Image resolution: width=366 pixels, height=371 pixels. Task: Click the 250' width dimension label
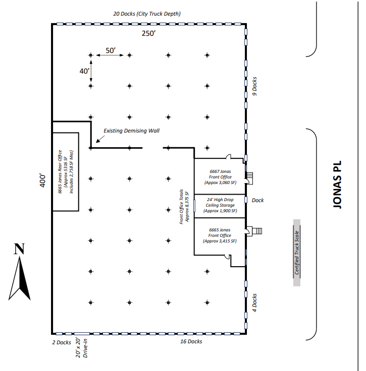pos(148,34)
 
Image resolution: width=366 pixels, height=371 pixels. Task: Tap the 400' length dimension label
pos(44,181)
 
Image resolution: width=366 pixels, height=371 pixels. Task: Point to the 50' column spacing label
pos(111,50)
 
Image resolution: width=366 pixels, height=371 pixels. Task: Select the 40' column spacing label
pos(84,71)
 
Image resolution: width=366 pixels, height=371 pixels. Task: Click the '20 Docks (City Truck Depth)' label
pos(147,14)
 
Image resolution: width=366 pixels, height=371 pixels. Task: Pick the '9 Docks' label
pos(255,86)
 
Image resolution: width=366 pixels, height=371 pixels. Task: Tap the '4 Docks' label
pos(255,303)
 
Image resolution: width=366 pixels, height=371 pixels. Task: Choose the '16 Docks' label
pos(191,342)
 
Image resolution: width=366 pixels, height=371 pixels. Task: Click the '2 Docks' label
pos(61,342)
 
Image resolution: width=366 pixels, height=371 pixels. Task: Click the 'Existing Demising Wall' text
pos(131,131)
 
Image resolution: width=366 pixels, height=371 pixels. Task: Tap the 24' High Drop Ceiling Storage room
pos(220,205)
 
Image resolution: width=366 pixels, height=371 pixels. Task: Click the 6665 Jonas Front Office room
pos(220,235)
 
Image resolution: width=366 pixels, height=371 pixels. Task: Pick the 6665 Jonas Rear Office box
pos(66,172)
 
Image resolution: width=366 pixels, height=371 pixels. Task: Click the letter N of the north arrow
pos(19,249)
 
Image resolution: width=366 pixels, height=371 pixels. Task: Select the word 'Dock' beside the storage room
pos(257,200)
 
